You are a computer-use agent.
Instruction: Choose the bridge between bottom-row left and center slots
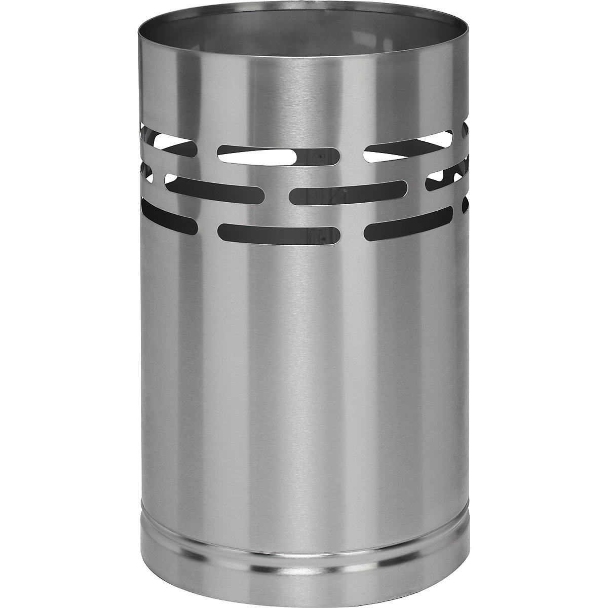click(x=208, y=228)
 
